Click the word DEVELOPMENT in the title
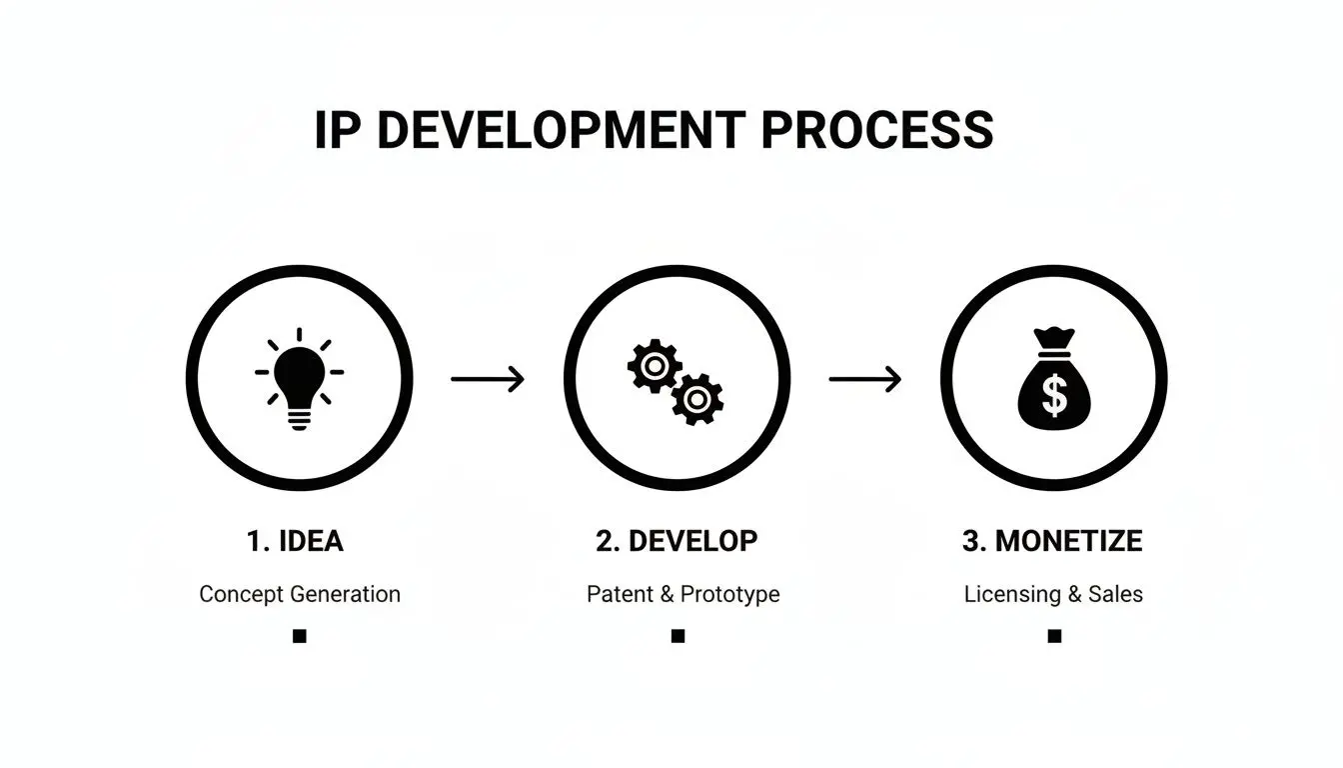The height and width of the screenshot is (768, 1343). (561, 131)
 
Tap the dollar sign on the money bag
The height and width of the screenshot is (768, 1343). (1054, 395)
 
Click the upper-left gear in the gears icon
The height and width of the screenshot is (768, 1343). (654, 366)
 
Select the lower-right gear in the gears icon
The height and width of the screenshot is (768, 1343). (696, 400)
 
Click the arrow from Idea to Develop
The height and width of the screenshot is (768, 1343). (488, 379)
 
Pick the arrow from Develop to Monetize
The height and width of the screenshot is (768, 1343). (865, 379)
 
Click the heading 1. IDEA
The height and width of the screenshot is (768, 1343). (295, 541)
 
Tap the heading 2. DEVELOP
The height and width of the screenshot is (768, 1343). (676, 541)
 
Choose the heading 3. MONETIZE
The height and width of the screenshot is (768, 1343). (1052, 541)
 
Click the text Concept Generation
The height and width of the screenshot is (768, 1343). (300, 594)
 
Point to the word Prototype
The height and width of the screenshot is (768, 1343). (729, 594)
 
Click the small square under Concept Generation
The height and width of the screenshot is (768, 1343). (299, 636)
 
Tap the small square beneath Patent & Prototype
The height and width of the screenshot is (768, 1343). (677, 636)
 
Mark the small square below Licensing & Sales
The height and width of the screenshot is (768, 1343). (1054, 636)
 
